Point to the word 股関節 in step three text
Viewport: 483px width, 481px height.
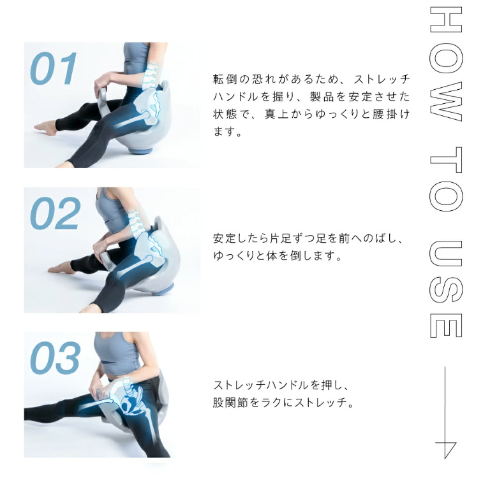[230, 403]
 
